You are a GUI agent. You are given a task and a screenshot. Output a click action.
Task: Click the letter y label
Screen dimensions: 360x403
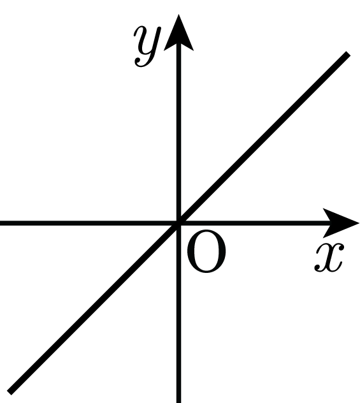(147, 47)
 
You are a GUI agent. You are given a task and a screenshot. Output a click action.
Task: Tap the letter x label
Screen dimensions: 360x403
(329, 257)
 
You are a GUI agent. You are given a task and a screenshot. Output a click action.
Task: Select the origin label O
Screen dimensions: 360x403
(207, 251)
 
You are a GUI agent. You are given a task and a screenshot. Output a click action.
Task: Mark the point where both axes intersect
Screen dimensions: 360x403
(178, 223)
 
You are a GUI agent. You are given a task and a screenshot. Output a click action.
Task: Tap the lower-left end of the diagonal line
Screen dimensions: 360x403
(10, 392)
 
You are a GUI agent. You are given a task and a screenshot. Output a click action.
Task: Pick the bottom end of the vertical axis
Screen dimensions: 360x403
(178, 402)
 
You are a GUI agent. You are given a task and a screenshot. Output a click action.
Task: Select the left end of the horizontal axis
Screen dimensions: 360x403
(1, 223)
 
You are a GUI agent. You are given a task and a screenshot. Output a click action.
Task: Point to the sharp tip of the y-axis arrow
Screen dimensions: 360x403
(178, 15)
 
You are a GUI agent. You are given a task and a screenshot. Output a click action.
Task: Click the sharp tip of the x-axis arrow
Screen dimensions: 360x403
(359, 223)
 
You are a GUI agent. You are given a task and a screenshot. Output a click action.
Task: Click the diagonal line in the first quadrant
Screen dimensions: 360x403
(264, 138)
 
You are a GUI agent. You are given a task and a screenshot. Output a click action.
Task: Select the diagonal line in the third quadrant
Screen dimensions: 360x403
(94, 307)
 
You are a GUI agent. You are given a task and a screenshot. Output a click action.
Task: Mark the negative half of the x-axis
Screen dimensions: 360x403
(89, 223)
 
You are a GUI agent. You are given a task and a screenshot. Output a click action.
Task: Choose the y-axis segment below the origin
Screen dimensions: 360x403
(178, 313)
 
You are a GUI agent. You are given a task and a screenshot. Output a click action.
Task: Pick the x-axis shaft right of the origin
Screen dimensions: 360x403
(254, 223)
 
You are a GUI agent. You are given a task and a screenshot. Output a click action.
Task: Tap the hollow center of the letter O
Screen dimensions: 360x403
(207, 251)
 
